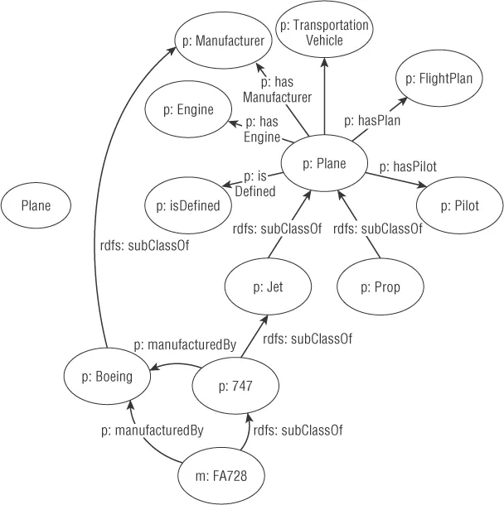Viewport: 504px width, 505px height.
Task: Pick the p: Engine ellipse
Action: pyautogui.click(x=190, y=109)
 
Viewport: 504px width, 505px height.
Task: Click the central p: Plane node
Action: pyautogui.click(x=320, y=164)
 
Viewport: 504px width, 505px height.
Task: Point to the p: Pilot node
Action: pyautogui.click(x=459, y=204)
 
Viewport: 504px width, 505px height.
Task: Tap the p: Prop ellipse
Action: pyautogui.click(x=380, y=287)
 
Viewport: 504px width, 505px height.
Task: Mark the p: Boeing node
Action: pyautogui.click(x=108, y=377)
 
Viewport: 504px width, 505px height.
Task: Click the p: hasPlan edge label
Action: pyautogui.click(x=372, y=120)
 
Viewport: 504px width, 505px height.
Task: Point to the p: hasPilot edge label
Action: pyautogui.click(x=407, y=166)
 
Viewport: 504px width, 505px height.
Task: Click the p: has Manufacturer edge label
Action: pyautogui.click(x=277, y=90)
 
